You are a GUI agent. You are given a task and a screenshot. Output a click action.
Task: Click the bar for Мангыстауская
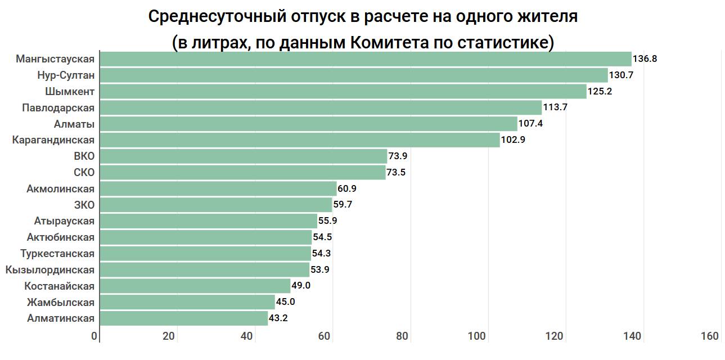pos(366,59)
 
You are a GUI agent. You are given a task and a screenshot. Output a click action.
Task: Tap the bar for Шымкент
pos(343,91)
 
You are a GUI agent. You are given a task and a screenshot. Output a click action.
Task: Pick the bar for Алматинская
pos(183,318)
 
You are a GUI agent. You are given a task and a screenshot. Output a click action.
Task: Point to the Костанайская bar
pos(195,286)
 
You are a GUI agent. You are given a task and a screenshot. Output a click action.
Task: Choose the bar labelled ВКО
pos(243,156)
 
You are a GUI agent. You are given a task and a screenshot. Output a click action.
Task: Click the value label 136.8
pos(645,58)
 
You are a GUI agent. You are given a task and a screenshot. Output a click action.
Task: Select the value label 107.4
pos(530,124)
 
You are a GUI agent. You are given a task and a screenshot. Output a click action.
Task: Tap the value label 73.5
pos(396,173)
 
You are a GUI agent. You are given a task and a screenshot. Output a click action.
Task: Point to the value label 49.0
pos(301,286)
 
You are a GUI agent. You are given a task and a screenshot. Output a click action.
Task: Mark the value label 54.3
pos(321,254)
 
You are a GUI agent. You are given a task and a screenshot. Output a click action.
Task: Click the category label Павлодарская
pos(58,107)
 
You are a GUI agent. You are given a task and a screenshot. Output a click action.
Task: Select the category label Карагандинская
pos(53,140)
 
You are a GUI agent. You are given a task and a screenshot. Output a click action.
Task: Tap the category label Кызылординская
pos(50,270)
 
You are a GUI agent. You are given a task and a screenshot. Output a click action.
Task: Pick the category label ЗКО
pos(84,205)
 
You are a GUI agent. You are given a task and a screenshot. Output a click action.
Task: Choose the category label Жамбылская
pos(61,303)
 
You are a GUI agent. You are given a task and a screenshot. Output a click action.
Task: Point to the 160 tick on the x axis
pos(710,336)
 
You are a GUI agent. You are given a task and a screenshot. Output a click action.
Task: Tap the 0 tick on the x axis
pos(94,336)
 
